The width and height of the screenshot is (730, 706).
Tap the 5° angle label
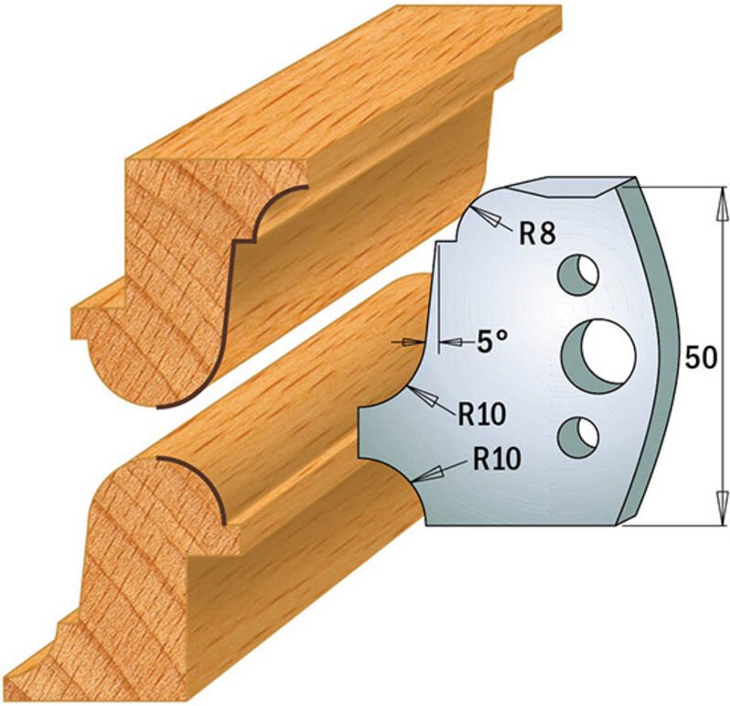tap(491, 342)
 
